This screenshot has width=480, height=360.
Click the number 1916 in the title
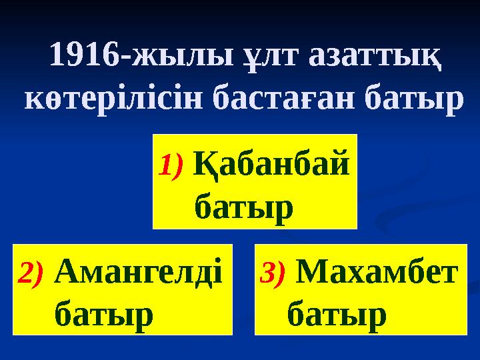coord(82,57)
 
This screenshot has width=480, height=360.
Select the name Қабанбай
coord(271,163)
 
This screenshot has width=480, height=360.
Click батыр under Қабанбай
coord(243,207)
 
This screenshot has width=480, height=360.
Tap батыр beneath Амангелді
coord(103,312)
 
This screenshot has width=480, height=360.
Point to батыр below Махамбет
coord(337,312)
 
